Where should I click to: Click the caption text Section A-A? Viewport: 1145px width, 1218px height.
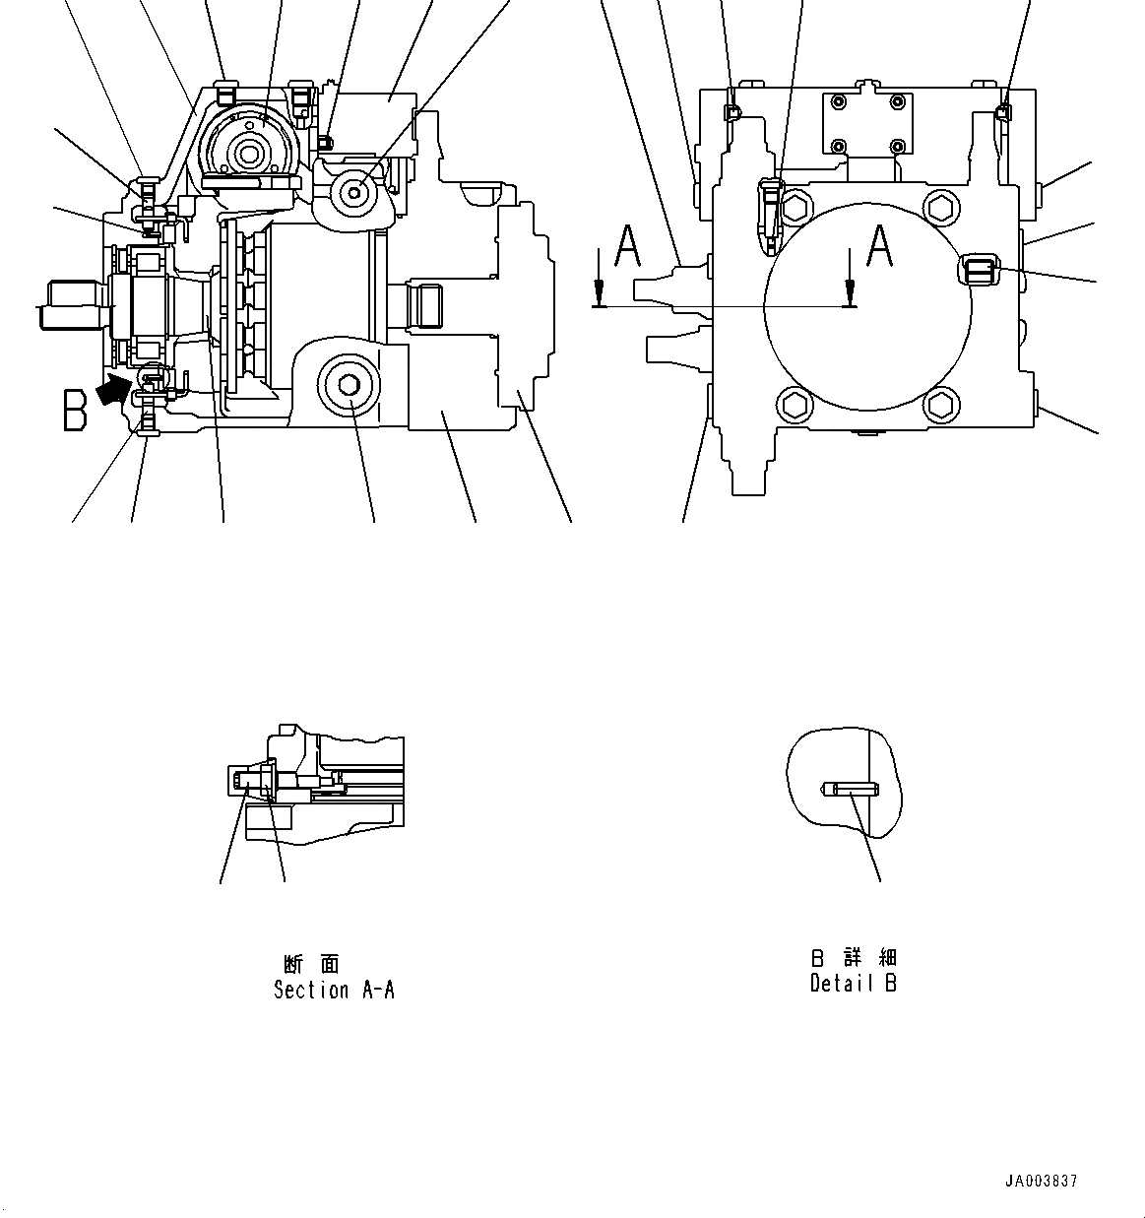[334, 990]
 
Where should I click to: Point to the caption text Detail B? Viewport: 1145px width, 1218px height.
[853, 983]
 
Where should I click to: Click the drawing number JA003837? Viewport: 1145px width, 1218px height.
[1042, 1181]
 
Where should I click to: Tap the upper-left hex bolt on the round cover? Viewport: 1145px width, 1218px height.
[794, 207]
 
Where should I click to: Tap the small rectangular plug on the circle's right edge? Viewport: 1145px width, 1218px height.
[981, 269]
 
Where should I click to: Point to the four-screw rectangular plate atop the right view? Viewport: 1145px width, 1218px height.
[867, 125]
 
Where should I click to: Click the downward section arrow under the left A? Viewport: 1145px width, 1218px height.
[598, 291]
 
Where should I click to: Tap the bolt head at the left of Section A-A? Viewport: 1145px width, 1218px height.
[242, 781]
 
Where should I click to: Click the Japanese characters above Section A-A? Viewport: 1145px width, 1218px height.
[312, 964]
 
